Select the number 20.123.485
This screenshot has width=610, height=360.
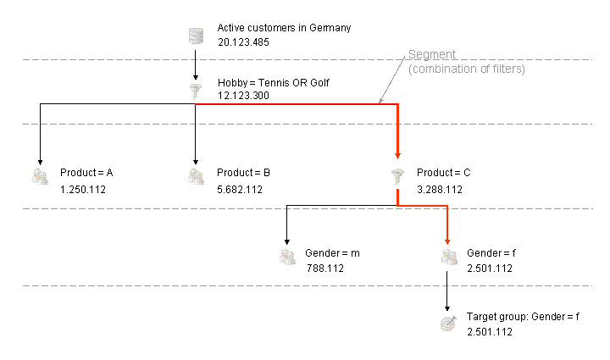coord(243,42)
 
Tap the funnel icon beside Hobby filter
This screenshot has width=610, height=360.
coord(196,91)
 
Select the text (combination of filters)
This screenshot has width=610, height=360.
coord(466,69)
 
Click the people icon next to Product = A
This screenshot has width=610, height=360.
coord(39,176)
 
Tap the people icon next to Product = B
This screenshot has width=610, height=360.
coord(196,176)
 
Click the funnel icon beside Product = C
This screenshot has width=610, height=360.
coord(396,176)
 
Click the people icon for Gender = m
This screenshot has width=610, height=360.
coord(287,257)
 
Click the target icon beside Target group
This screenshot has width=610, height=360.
coord(447,324)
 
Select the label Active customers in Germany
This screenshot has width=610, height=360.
coord(284,28)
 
